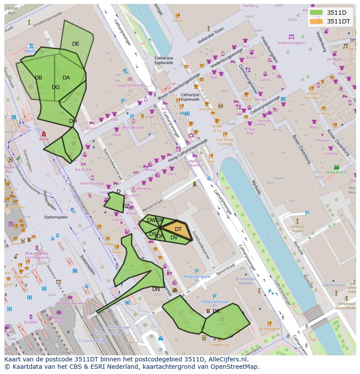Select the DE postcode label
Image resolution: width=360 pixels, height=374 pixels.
[76, 44]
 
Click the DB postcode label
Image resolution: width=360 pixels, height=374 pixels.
[39, 78]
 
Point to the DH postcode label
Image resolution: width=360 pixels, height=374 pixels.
[73, 121]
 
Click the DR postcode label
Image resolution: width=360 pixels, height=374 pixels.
[216, 311]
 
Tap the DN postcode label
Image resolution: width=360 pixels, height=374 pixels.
[156, 289]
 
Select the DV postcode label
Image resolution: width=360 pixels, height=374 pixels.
[174, 238]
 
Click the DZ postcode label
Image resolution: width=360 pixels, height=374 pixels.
[126, 206]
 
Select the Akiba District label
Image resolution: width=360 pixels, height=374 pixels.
[336, 172]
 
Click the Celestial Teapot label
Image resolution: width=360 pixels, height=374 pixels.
[298, 229]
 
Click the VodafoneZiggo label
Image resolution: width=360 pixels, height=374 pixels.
[93, 184]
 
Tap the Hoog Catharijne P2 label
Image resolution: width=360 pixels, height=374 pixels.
[197, 278]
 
